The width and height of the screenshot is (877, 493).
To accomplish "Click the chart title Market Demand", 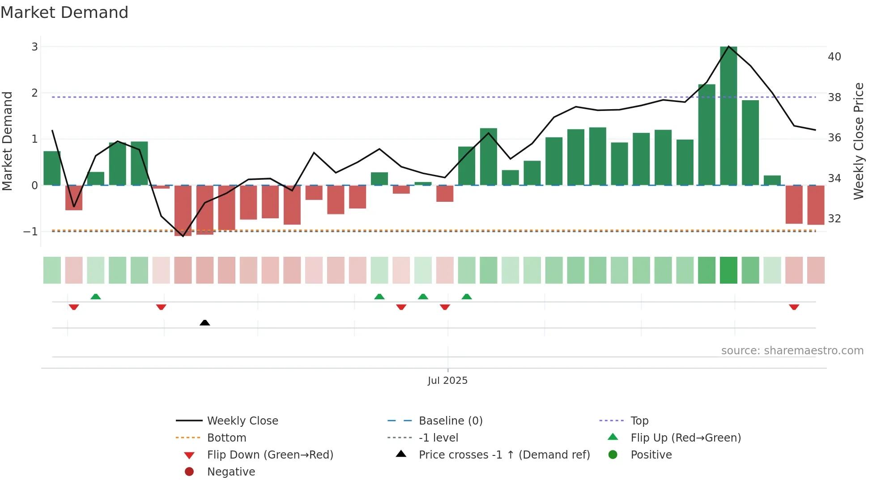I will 64,13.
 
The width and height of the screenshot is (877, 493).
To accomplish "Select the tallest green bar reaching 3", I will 728,116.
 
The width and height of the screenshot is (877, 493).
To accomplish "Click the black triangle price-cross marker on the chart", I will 204,323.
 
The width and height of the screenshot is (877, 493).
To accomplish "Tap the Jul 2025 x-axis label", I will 447,380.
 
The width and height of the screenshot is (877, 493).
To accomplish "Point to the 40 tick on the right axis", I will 834,57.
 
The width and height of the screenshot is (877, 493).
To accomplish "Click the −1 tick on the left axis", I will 31,232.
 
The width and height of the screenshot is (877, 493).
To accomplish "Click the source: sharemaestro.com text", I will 792,350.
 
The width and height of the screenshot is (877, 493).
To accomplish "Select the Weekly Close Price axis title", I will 858,141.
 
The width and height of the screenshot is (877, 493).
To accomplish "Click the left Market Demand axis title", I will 7,141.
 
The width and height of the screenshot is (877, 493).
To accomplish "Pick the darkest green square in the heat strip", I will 728,270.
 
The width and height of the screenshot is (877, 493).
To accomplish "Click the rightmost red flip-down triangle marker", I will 794,307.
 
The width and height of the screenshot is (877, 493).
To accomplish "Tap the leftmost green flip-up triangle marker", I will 95,297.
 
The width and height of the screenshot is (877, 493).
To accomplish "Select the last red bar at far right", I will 815,205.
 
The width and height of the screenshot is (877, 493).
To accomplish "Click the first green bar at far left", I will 52,168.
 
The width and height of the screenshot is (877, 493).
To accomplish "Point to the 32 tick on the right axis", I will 834,219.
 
